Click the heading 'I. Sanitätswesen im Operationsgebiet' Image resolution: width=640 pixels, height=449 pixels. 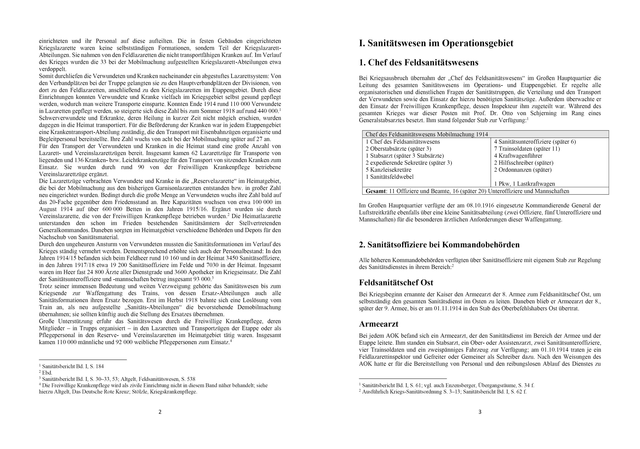(436, 43)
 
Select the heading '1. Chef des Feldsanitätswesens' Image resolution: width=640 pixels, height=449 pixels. (419, 63)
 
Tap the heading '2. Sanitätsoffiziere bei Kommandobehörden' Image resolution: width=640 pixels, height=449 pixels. (439, 245)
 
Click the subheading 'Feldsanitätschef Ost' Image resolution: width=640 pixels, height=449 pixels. (396, 283)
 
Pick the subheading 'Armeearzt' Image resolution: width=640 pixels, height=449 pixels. (378, 324)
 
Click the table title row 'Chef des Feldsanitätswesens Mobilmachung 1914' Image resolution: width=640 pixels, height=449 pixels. (427, 135)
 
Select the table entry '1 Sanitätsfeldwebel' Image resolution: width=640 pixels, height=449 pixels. (390, 177)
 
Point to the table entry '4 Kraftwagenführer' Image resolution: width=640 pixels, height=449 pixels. (518, 155)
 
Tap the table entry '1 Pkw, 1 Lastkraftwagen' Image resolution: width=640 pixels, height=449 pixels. (524, 184)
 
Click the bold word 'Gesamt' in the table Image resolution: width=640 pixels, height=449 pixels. (376, 191)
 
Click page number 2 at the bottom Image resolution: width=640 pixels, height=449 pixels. (160, 412)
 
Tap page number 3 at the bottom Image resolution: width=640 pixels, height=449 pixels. (480, 412)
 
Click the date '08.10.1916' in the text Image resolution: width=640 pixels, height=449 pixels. (480, 205)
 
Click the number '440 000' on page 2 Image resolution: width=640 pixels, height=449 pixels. (269, 111)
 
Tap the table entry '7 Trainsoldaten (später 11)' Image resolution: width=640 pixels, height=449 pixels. (527, 149)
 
